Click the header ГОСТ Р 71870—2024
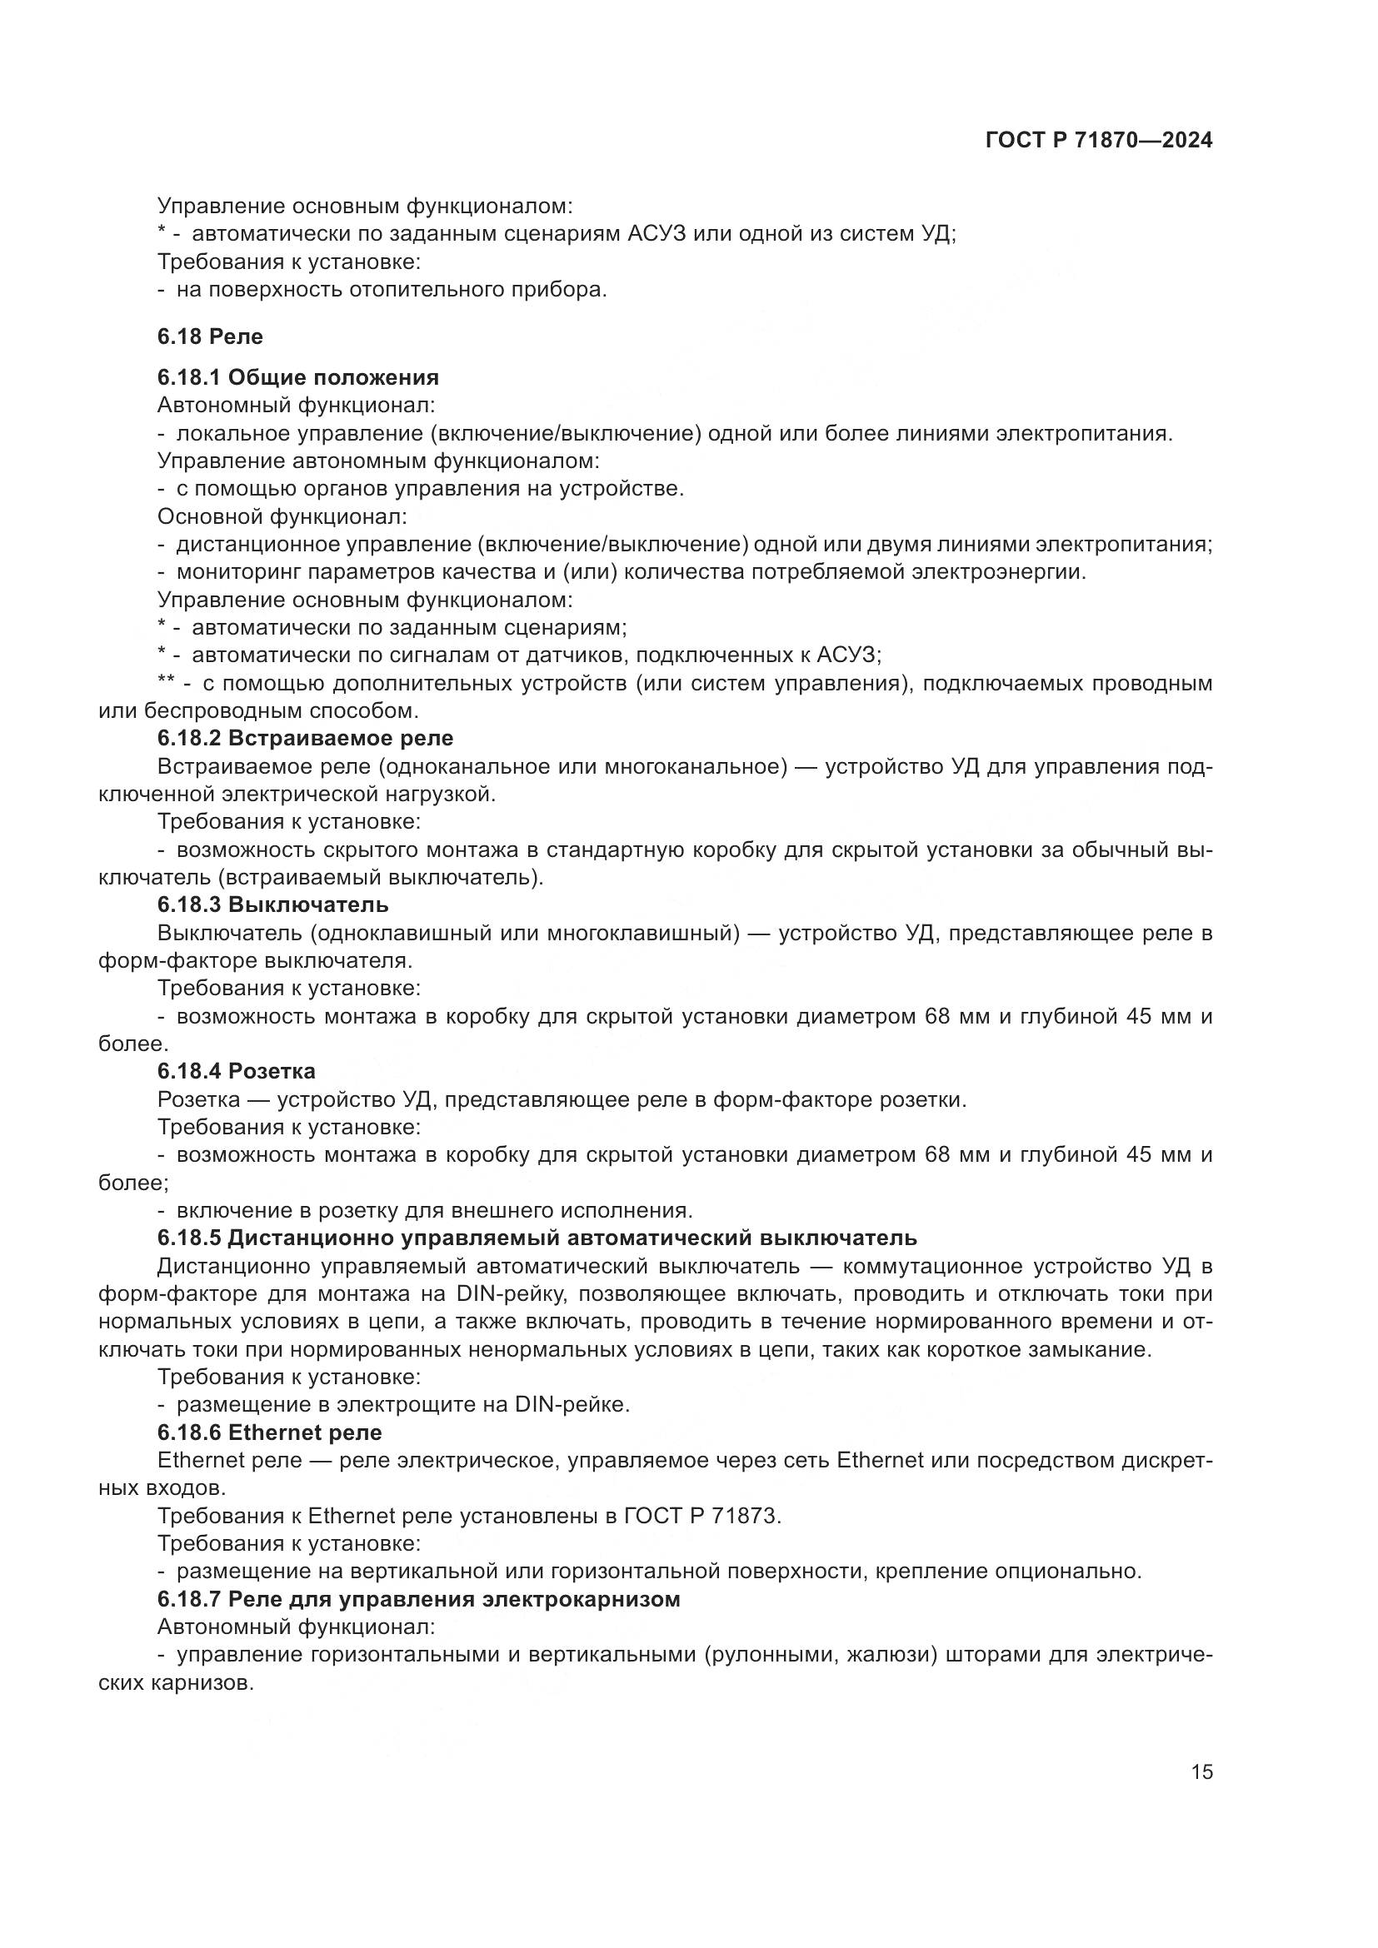click(1099, 141)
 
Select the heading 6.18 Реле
click(210, 336)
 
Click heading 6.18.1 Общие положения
click(297, 377)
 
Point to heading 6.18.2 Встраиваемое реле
click(305, 738)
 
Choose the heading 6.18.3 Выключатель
click(272, 904)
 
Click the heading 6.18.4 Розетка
click(236, 1072)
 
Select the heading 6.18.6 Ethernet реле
click(269, 1433)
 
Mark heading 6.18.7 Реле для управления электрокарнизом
click(418, 1600)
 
